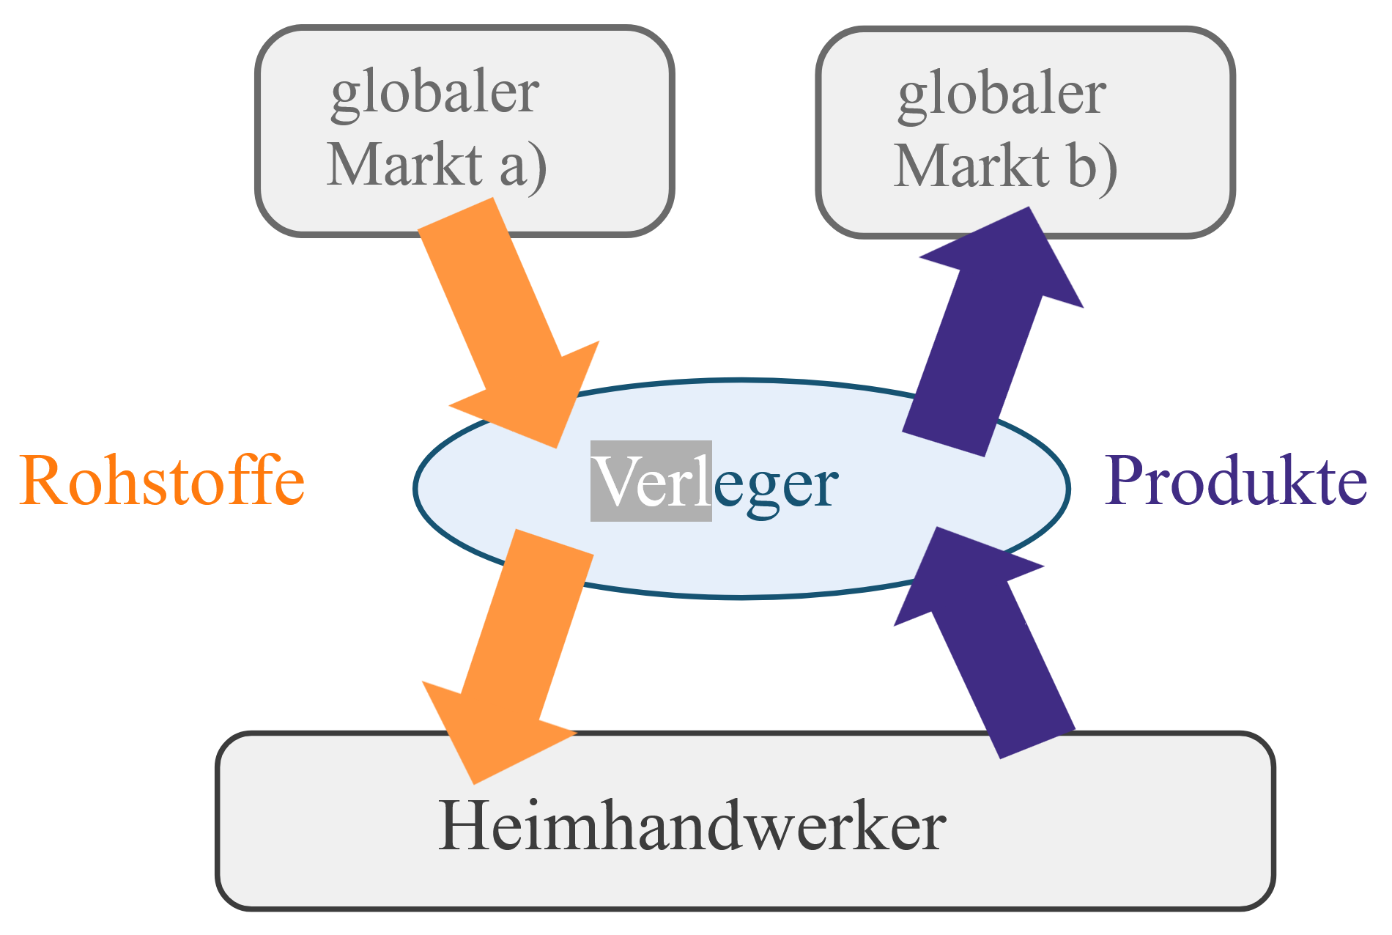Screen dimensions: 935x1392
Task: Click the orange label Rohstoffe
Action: (x=162, y=481)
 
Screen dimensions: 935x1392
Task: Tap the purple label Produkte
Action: (x=1235, y=481)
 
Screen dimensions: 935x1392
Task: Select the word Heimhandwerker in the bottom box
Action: (x=692, y=827)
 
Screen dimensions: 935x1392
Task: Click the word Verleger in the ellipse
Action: (x=715, y=482)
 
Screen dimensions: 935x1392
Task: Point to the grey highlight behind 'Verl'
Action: (x=651, y=481)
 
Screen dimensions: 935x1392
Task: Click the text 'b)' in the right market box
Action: (x=1092, y=166)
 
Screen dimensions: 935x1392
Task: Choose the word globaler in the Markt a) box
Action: (x=435, y=94)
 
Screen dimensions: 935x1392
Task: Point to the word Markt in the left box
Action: (x=404, y=164)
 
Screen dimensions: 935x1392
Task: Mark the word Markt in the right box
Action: (x=971, y=166)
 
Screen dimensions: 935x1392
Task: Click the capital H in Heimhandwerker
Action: (x=460, y=827)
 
